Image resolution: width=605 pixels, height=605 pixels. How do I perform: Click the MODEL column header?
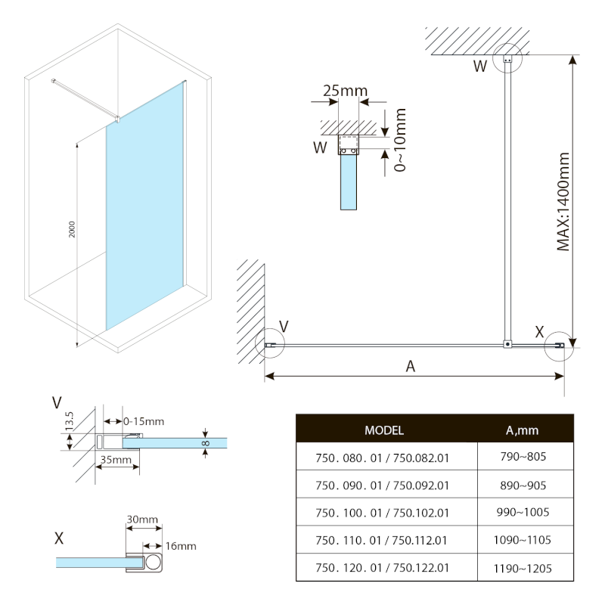pos(383,430)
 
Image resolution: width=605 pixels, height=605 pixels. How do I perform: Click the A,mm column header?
pos(522,430)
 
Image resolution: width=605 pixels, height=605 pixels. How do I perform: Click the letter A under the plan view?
pos(411,367)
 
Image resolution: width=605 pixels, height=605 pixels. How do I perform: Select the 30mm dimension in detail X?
pos(142,520)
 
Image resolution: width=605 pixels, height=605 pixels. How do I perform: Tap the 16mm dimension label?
pos(181,546)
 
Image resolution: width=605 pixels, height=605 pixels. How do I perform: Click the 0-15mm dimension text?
pos(144,421)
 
